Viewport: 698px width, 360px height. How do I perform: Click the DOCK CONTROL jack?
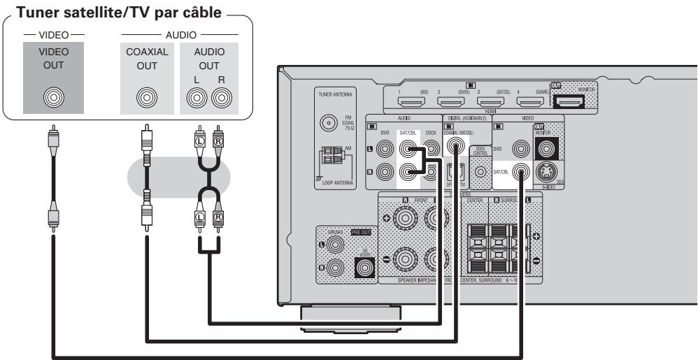(x=480, y=171)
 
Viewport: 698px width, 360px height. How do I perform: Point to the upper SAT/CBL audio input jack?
(x=406, y=148)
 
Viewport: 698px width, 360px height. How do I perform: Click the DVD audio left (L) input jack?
(x=383, y=148)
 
